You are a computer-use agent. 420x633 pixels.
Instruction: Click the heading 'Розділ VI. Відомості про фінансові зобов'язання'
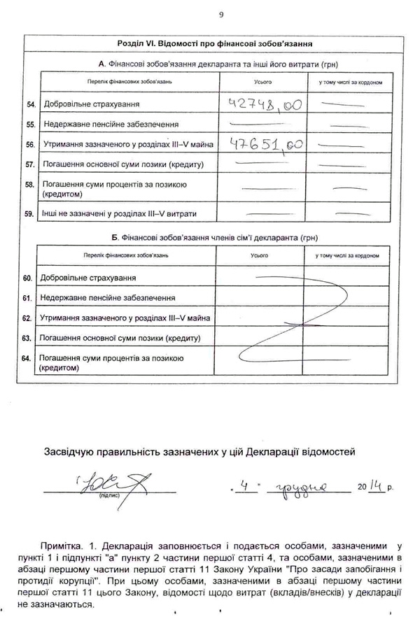[216, 44]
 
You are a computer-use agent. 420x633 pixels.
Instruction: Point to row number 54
[30, 105]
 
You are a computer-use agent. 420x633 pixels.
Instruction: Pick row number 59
[30, 213]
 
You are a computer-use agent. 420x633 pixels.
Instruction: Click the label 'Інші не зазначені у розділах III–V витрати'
[120, 213]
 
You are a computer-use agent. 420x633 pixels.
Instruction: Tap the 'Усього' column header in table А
[262, 83]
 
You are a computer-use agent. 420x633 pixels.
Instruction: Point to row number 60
[28, 278]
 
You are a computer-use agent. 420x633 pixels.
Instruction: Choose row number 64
[28, 359]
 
